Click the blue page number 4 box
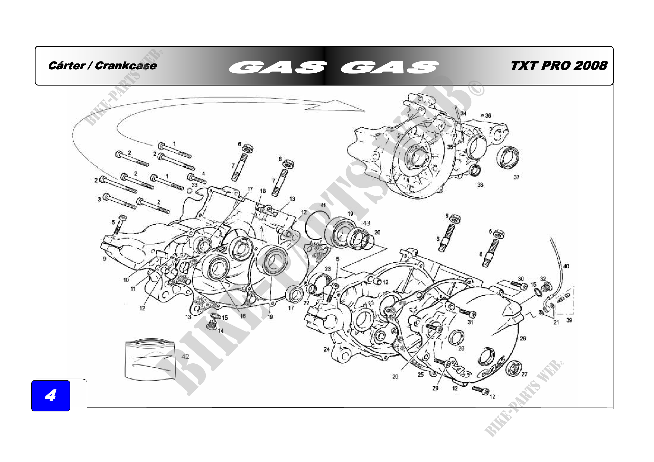pos(50,395)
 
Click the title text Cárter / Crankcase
pos(103,66)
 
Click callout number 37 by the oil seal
pos(516,177)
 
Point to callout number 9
pos(105,259)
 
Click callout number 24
pos(327,349)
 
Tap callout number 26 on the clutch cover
pos(523,338)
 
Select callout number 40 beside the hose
pos(566,266)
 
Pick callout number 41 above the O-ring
pos(323,205)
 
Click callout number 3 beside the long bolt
pos(99,200)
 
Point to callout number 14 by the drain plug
pos(220,331)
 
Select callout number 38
pos(480,185)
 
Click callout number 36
pos(488,116)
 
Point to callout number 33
pos(195,185)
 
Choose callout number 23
pos(328,269)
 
